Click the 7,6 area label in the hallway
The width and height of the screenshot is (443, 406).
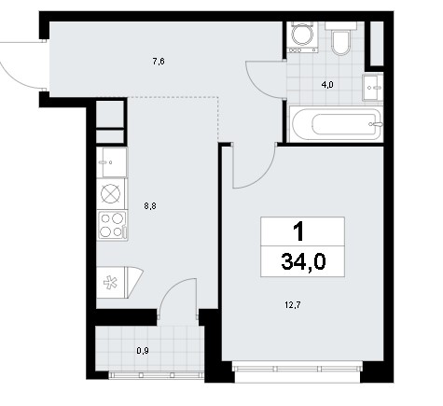pos(159,62)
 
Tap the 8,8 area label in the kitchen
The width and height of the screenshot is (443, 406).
pos(150,205)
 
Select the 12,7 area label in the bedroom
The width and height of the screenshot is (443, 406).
pos(293,304)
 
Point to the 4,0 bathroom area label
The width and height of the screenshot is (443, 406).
pos(327,84)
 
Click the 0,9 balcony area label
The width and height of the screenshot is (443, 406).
pos(143,351)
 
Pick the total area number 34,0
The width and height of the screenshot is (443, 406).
pos(303,261)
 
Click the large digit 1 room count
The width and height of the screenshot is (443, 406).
pos(298,231)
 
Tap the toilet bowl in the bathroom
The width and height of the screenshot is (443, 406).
pos(341,39)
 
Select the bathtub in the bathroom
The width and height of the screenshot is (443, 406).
pos(336,124)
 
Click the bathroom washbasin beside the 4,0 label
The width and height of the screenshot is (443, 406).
pos(373,88)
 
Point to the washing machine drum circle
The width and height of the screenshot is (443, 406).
pos(302,35)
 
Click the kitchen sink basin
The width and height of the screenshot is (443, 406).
pos(112,162)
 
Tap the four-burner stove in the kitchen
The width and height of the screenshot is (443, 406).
pos(112,225)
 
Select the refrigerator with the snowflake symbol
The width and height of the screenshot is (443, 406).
pos(119,283)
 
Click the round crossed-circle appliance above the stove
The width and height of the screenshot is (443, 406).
pos(111,194)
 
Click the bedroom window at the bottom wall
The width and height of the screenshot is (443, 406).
pos(298,369)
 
